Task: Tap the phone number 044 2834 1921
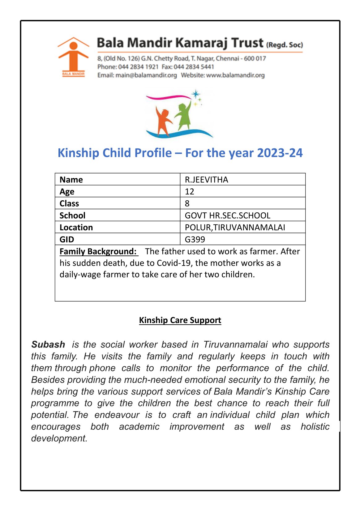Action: (x=138, y=67)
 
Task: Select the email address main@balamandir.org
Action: (x=146, y=75)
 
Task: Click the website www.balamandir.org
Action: (x=235, y=75)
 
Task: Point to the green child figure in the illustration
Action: (x=184, y=116)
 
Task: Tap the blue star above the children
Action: (x=196, y=94)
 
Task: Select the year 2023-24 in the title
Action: (x=280, y=153)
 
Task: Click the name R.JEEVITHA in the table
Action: (x=206, y=180)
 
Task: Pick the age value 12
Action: (x=189, y=192)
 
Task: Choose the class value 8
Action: (x=187, y=203)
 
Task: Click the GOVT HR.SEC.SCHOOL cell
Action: (x=227, y=215)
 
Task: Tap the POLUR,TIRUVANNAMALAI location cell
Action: (x=235, y=228)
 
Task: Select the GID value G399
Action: (x=195, y=239)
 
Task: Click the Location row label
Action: (x=76, y=228)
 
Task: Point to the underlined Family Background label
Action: (x=98, y=251)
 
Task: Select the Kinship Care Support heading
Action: (x=180, y=320)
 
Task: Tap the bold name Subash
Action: (x=48, y=344)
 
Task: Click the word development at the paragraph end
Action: (x=59, y=438)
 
